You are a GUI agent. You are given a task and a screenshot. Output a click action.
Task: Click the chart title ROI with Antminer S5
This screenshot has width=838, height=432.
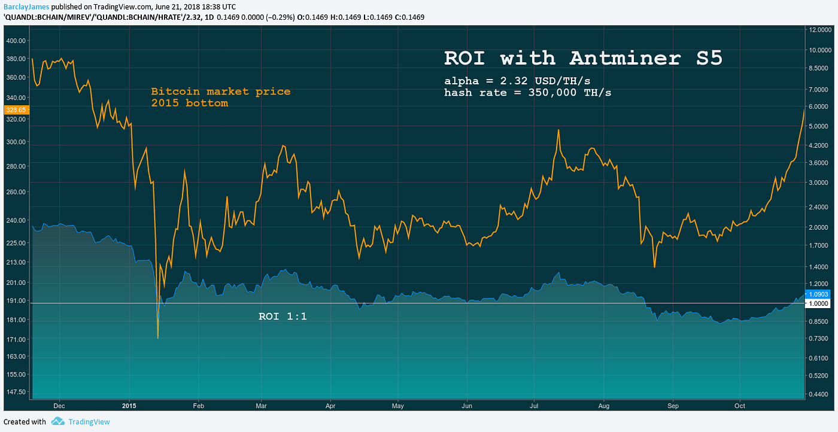click(583, 58)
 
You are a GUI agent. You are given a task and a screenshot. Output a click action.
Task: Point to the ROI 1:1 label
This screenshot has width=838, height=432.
click(283, 316)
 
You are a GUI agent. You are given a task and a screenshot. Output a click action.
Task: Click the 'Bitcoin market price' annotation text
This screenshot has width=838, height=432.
click(220, 92)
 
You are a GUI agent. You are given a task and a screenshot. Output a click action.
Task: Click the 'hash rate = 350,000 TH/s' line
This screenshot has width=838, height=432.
click(527, 93)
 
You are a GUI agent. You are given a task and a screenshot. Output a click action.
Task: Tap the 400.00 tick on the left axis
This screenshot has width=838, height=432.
click(16, 41)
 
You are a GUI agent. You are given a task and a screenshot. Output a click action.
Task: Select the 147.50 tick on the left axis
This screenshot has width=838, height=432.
click(16, 391)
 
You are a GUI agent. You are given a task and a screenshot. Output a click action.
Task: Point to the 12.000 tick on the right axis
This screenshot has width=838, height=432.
click(821, 29)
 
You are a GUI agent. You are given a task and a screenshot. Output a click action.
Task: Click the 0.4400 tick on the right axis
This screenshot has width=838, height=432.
click(821, 394)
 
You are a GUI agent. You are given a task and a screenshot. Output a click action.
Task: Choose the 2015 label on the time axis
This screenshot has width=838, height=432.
click(129, 405)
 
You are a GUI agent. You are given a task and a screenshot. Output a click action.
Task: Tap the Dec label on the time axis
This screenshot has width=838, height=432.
click(59, 405)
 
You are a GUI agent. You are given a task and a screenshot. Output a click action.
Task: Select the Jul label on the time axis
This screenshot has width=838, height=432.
click(534, 405)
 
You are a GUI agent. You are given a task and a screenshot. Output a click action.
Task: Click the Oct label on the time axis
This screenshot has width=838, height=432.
click(740, 405)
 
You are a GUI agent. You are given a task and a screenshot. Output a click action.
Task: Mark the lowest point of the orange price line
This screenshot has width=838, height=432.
click(158, 338)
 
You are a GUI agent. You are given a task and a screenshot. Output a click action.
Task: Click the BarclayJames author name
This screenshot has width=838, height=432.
click(21, 6)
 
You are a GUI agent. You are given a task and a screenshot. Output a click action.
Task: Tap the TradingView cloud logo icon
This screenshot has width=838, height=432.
click(57, 422)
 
